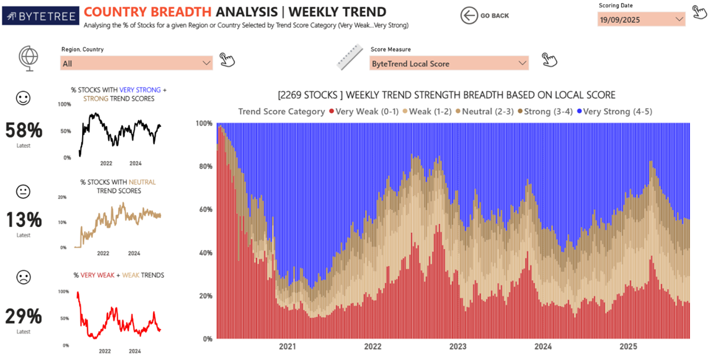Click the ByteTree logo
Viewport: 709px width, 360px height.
click(x=40, y=15)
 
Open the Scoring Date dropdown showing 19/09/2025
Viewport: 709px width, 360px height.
click(x=641, y=19)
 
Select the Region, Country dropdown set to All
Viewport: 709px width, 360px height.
click(x=136, y=63)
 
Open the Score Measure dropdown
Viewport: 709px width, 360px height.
click(x=449, y=63)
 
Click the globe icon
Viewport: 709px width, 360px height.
click(x=28, y=59)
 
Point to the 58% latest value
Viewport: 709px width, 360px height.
click(x=24, y=130)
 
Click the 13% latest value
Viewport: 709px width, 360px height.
click(x=24, y=220)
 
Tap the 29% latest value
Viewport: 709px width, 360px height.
click(x=24, y=316)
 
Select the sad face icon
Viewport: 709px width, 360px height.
click(x=24, y=277)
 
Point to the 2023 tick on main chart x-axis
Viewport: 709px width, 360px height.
click(x=458, y=347)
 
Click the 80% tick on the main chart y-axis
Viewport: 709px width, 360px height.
click(x=204, y=167)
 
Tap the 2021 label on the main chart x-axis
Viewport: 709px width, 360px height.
click(x=287, y=347)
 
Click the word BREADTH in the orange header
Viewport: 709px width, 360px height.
click(x=180, y=12)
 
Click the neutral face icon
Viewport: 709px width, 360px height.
click(x=24, y=192)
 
